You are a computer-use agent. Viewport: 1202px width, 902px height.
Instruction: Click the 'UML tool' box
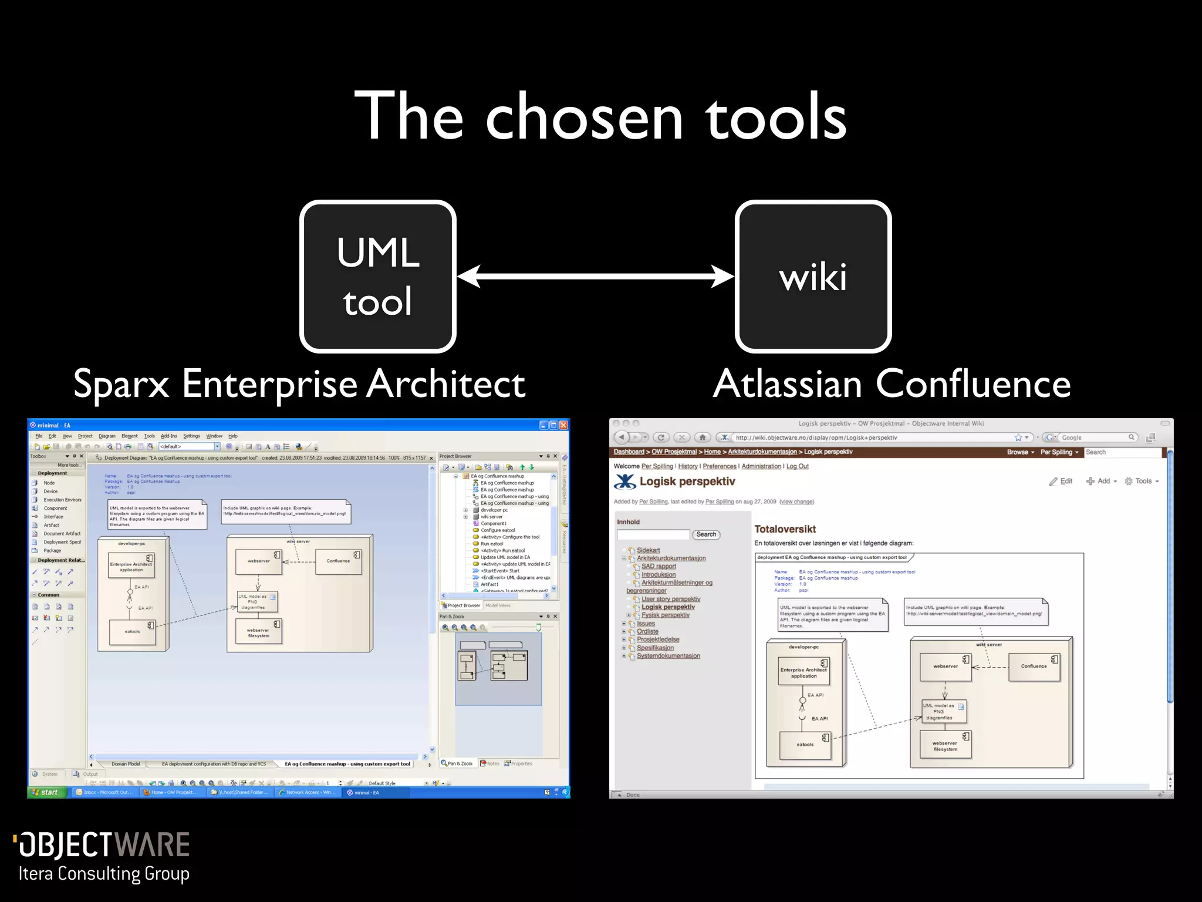click(x=378, y=277)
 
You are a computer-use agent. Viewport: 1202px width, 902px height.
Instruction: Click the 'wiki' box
click(x=813, y=277)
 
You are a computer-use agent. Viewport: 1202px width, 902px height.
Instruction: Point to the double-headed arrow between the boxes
click(x=595, y=276)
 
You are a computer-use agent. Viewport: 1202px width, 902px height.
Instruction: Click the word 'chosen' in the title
click(x=584, y=117)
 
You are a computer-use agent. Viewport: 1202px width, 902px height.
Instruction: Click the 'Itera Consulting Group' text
click(x=104, y=874)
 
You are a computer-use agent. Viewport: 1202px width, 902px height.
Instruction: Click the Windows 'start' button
click(x=45, y=792)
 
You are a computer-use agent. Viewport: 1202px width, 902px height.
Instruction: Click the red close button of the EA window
click(x=563, y=425)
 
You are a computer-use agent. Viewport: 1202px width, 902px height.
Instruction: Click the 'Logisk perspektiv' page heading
click(x=687, y=482)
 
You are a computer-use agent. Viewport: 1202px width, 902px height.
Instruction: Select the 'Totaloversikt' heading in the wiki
click(x=785, y=529)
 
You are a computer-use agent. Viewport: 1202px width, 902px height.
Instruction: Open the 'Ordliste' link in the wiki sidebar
click(x=647, y=632)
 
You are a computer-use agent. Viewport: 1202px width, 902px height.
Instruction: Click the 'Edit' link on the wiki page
click(x=1065, y=481)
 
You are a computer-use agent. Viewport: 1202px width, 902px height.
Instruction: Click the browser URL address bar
click(x=869, y=437)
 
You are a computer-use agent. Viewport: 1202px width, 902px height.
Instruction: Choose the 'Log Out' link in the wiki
click(x=797, y=466)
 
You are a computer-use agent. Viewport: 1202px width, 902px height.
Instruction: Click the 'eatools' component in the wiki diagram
click(x=805, y=745)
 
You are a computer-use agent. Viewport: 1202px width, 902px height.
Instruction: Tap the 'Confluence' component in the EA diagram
click(x=338, y=561)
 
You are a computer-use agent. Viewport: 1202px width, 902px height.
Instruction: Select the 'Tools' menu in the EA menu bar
click(x=149, y=436)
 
